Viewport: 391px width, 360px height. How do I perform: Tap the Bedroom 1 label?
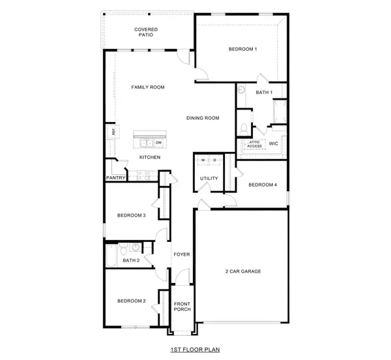click(x=242, y=50)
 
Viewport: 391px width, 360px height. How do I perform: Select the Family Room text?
click(x=147, y=87)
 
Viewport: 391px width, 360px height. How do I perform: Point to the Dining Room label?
click(x=203, y=118)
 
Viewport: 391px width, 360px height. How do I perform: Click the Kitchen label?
click(x=150, y=157)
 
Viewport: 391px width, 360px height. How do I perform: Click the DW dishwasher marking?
click(x=158, y=142)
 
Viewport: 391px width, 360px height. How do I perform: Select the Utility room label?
click(x=209, y=178)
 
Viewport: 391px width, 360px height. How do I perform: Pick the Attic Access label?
click(x=255, y=144)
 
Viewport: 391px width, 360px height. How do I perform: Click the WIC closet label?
click(x=274, y=143)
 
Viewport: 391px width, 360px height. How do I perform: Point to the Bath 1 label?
click(x=263, y=93)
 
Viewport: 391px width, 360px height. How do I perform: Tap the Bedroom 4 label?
click(x=263, y=185)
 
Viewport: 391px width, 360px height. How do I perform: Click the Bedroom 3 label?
click(x=131, y=215)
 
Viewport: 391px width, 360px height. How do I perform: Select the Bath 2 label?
click(x=131, y=260)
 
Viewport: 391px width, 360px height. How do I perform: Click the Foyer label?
click(x=182, y=254)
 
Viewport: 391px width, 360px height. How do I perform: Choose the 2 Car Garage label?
click(x=243, y=271)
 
